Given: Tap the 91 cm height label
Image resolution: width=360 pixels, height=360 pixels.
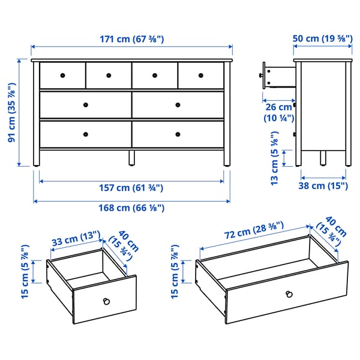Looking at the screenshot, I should (11, 113).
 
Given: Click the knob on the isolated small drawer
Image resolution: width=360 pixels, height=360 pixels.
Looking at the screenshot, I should (107, 300).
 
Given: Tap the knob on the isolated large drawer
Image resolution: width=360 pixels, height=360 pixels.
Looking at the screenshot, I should (289, 293).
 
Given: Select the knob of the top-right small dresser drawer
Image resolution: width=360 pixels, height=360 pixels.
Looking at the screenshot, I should (200, 75).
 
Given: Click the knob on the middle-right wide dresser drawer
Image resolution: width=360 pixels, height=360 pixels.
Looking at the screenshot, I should (178, 104).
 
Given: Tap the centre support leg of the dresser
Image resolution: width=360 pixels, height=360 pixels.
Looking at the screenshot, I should (131, 158).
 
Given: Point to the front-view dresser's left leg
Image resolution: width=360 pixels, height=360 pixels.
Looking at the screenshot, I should (35, 158).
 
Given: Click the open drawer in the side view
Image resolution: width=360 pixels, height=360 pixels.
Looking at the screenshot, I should (277, 76).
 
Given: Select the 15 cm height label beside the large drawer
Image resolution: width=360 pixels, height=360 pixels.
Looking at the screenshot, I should (175, 274).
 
